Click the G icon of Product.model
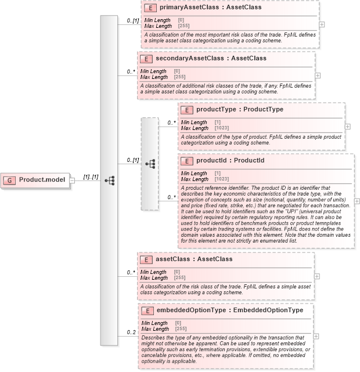point(10,180)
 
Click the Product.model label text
point(42,180)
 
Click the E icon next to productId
point(187,161)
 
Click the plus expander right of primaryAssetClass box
point(322,24)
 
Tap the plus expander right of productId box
point(357,201)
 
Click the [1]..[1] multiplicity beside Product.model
point(91,176)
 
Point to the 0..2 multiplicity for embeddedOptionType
point(132,332)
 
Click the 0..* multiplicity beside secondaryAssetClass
point(131,72)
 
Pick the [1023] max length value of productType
point(222,128)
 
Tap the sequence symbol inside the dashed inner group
point(150,164)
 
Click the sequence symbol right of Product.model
point(109,180)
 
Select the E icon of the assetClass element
point(146,259)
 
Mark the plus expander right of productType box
point(348,126)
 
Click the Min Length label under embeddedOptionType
point(154,323)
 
